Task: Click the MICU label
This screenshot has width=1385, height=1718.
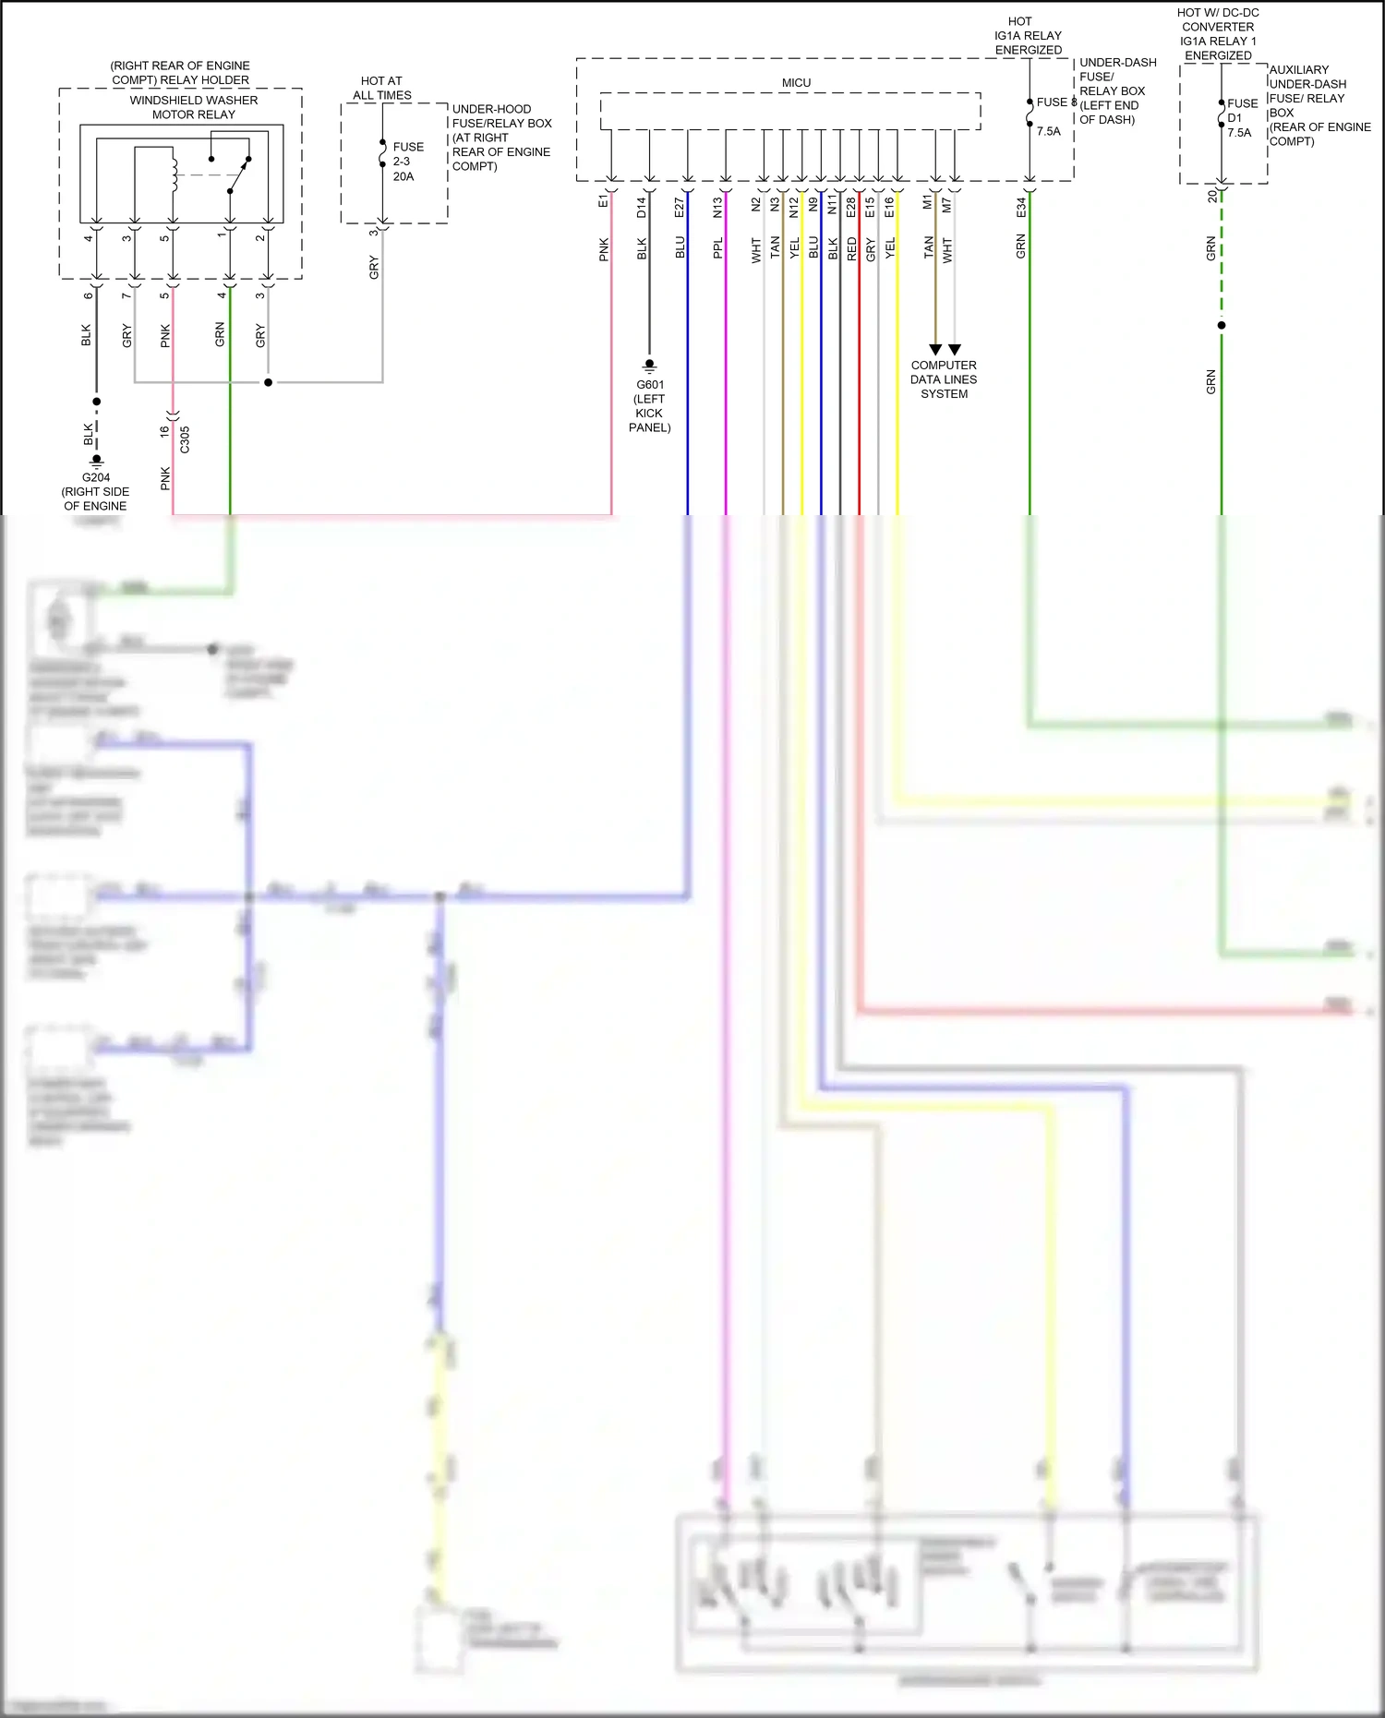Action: (796, 83)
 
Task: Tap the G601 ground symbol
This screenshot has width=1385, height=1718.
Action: (649, 366)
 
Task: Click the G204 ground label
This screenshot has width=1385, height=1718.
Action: (96, 477)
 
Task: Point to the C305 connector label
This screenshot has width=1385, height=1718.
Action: (185, 439)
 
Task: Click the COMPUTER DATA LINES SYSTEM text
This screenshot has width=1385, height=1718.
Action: (944, 379)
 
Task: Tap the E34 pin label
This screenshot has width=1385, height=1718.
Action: (1021, 208)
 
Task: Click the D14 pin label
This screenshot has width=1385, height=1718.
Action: (642, 208)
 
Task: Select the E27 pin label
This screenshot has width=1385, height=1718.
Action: (680, 208)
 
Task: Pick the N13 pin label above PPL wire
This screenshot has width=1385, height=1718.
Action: (717, 208)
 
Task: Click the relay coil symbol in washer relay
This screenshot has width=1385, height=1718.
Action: (174, 174)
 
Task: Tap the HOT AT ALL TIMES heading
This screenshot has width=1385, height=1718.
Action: (381, 88)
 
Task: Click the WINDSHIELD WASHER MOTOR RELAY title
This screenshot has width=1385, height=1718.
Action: (193, 107)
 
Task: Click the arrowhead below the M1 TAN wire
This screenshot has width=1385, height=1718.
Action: (935, 350)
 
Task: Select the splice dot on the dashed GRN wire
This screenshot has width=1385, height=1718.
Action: (1222, 325)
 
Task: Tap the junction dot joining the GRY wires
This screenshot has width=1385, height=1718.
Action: (269, 382)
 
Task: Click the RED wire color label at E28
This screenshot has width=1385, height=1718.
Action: (851, 248)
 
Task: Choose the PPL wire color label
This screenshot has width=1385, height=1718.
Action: (717, 248)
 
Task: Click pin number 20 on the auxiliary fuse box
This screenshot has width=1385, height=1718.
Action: (1212, 197)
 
